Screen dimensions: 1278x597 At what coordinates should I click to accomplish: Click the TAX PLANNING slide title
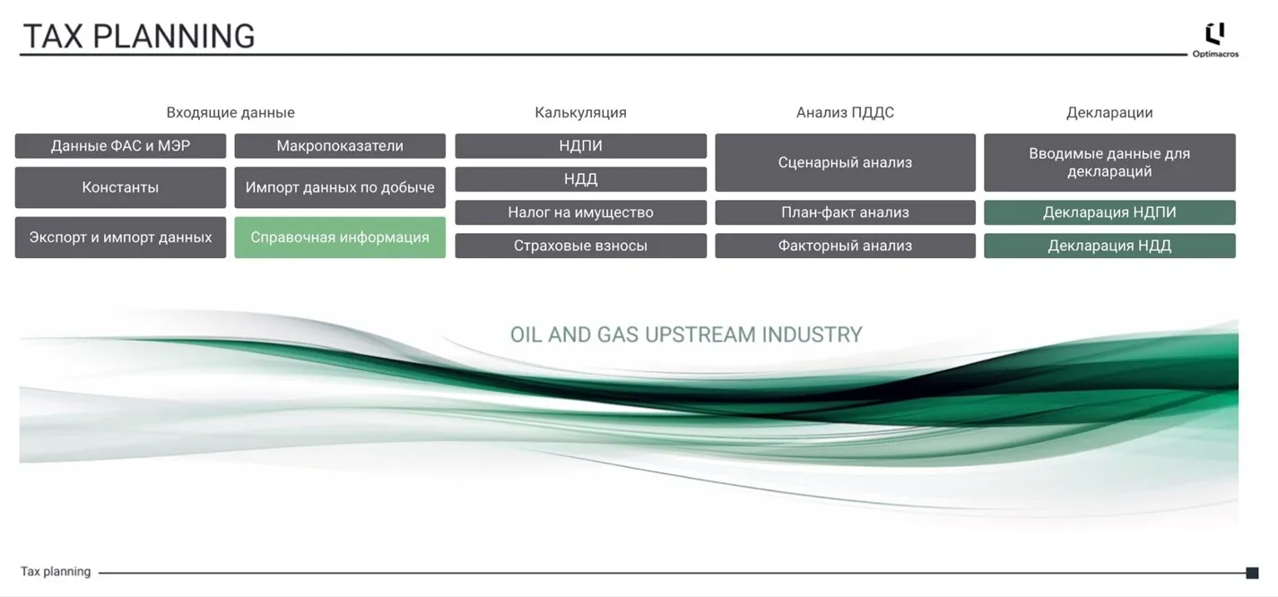coord(139,36)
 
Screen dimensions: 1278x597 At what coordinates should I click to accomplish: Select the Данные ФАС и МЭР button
coord(120,146)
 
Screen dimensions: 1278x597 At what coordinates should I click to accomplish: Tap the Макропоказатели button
coord(340,146)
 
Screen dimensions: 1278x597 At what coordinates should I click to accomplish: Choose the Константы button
coord(120,187)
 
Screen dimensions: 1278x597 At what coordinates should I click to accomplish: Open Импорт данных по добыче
coord(340,187)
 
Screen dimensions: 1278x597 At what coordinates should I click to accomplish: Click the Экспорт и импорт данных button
coord(120,238)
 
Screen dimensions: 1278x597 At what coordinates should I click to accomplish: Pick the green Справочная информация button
coord(340,238)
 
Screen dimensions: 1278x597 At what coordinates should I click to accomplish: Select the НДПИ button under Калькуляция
coord(581,146)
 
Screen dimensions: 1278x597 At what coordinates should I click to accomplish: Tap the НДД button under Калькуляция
coord(581,179)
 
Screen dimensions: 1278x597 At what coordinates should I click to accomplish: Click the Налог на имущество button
coord(581,212)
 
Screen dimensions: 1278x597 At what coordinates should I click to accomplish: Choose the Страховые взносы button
coord(581,246)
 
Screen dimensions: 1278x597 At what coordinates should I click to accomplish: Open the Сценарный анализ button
coord(846,162)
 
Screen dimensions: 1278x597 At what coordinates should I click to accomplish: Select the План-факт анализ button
coord(846,212)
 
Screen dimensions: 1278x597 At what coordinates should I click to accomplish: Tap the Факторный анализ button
coord(846,246)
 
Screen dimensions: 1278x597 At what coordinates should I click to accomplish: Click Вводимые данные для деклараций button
coord(1109,162)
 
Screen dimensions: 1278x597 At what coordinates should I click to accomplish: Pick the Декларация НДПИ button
coord(1109,212)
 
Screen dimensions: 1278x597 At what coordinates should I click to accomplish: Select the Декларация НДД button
coord(1109,246)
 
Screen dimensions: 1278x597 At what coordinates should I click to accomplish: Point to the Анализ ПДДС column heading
coord(845,112)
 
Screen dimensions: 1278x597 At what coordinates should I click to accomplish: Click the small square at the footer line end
coord(1252,573)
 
